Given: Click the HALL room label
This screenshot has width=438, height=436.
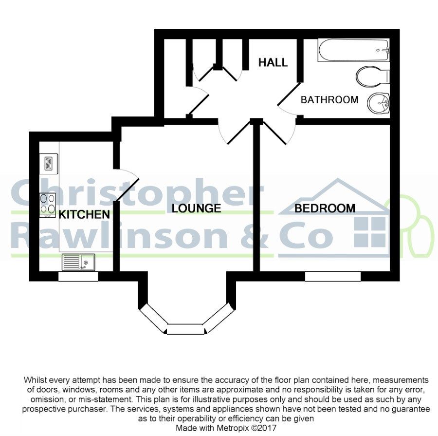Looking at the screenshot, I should coord(273,62).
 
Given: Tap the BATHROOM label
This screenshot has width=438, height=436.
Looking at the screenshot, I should coord(329,100).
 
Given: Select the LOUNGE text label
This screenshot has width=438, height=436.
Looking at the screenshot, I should coord(197,209).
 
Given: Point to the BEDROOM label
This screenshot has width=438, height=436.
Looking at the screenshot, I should coord(325,209).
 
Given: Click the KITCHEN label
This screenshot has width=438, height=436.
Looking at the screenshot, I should coord(84,214).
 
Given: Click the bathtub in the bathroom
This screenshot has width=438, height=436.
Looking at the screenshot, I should coord(354,50).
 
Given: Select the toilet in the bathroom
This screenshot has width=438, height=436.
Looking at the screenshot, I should coord(373,75).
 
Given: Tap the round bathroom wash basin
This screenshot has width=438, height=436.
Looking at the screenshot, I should coord(379,103).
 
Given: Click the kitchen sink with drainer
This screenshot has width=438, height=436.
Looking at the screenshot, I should coord(78,263).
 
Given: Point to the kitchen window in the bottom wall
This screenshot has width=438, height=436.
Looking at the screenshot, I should coord(78,276).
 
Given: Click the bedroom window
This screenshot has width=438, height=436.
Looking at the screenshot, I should coord(333,276).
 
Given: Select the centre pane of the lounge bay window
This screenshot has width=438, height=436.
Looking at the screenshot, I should coord(185,329).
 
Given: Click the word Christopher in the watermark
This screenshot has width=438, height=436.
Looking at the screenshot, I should coord(136,192).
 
